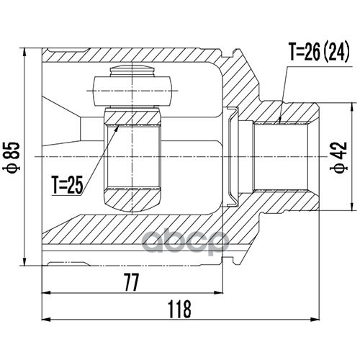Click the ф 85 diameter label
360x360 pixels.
[12, 157]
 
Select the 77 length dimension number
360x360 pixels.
[132, 283]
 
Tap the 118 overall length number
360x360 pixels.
[179, 310]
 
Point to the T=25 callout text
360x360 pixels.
[68, 185]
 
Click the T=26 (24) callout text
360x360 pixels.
[319, 52]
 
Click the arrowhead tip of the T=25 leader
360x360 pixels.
[119, 125]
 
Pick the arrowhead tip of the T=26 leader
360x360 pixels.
[279, 124]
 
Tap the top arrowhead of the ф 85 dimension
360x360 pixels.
[24, 48]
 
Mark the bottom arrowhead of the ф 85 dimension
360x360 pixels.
[24, 266]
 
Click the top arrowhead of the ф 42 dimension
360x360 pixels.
[352, 103]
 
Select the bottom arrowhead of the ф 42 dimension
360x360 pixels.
[352, 211]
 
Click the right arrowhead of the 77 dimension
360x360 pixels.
[223, 292]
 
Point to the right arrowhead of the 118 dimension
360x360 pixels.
[319, 320]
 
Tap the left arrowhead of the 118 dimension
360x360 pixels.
[42, 320]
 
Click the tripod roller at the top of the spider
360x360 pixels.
[132, 91]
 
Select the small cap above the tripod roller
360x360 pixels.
[132, 71]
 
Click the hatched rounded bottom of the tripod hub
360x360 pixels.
[132, 200]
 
